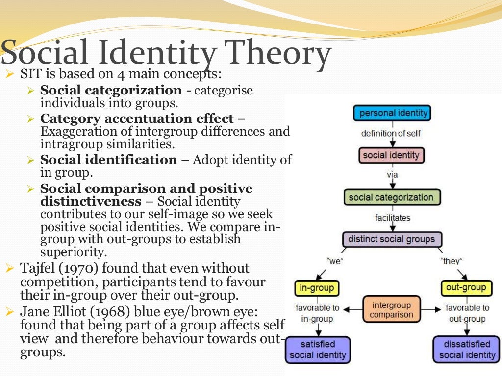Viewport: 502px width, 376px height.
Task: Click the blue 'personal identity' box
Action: pyautogui.click(x=392, y=113)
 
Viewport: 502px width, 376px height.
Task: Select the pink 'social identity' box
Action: pyautogui.click(x=391, y=155)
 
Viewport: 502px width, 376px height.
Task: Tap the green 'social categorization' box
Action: pyautogui.click(x=391, y=197)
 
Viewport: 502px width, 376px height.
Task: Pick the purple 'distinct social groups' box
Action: pyautogui.click(x=391, y=239)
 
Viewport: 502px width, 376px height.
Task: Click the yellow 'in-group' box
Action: pyautogui.click(x=316, y=288)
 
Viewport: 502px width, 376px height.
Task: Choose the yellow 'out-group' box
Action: pyautogui.click(x=466, y=287)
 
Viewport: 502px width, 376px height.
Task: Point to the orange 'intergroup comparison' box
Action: pyautogui.click(x=392, y=310)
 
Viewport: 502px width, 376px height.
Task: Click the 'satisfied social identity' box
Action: pyautogui.click(x=318, y=350)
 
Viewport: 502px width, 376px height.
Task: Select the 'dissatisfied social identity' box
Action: pyautogui.click(x=467, y=350)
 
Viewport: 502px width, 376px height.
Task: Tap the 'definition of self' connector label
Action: pyautogui.click(x=391, y=133)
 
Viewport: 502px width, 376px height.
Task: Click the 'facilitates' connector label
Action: pyautogui.click(x=393, y=218)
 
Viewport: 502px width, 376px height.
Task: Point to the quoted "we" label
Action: pyautogui.click(x=334, y=261)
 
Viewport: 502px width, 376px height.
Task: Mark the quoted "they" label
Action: pyautogui.click(x=452, y=261)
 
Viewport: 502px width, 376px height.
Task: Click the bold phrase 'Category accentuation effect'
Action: pyautogui.click(x=137, y=119)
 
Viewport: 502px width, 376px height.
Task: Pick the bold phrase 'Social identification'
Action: pyautogui.click(x=108, y=160)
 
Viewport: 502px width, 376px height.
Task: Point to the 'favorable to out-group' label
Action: pyautogui.click(x=467, y=313)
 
